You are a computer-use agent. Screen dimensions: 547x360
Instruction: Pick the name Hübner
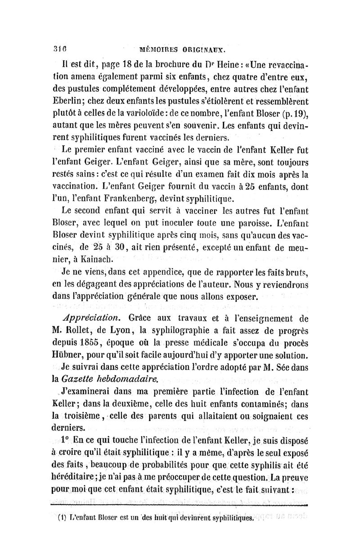pos(76,354)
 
